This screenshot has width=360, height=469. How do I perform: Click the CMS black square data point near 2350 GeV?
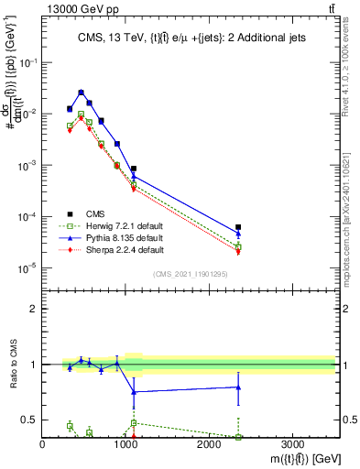[x=238, y=227]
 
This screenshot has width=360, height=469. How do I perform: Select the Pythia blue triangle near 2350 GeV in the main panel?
[x=238, y=234]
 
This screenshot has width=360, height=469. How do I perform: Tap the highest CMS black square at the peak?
[x=82, y=93]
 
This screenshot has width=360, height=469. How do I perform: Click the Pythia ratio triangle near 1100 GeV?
[x=134, y=392]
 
